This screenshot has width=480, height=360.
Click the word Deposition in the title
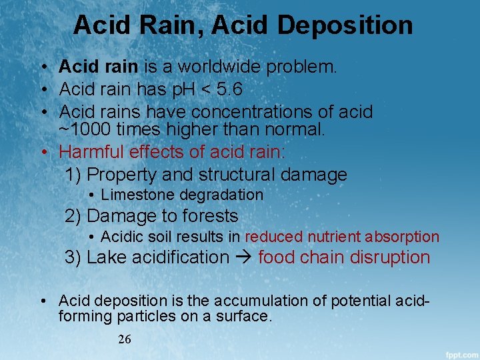[345, 25]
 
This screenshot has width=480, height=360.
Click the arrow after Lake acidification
[242, 257]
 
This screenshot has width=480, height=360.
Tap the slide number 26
[125, 339]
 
